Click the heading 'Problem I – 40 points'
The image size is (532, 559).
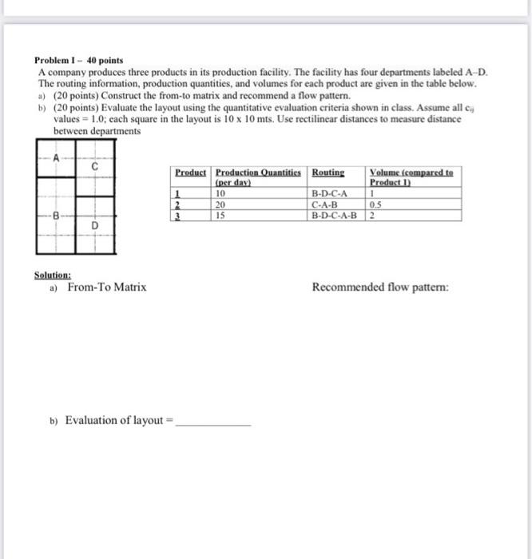point(78,61)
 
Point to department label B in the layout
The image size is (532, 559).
point(56,216)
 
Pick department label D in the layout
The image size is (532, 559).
point(95,226)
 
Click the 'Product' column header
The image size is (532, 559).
point(191,172)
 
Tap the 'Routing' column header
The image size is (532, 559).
point(328,172)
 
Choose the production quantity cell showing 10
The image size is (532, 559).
point(222,193)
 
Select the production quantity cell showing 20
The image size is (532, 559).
point(222,204)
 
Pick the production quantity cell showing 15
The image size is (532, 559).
point(222,214)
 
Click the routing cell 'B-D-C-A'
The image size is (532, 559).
point(329,193)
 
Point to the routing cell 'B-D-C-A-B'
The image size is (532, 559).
point(334,214)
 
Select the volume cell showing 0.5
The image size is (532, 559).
point(375,204)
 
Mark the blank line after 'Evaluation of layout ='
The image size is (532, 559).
point(212,422)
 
